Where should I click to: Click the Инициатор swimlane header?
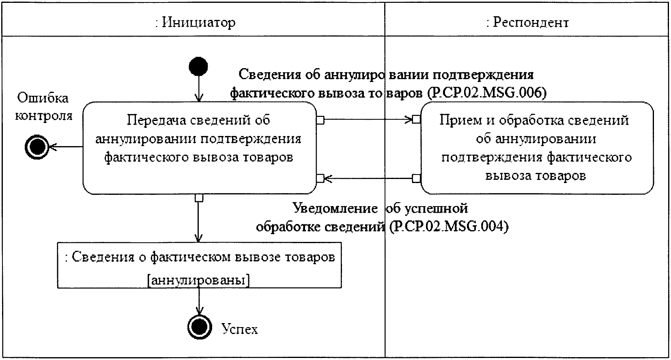click(x=195, y=22)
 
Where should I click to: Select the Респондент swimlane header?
click(x=527, y=22)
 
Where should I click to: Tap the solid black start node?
click(x=198, y=66)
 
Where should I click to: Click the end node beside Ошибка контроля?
click(x=37, y=147)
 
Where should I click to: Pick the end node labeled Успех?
click(x=200, y=327)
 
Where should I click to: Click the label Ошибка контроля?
click(x=43, y=107)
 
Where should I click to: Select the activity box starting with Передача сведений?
click(x=200, y=148)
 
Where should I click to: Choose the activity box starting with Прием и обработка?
click(x=537, y=148)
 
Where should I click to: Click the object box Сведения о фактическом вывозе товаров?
click(x=200, y=265)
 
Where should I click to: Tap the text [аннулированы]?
click(x=199, y=280)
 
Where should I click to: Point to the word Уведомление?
click(x=335, y=208)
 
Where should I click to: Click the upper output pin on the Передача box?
click(x=320, y=120)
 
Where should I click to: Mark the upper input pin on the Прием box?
click(x=417, y=119)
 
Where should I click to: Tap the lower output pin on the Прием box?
click(x=417, y=178)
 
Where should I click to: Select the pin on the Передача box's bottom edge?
click(x=199, y=198)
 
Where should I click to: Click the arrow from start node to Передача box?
click(x=199, y=89)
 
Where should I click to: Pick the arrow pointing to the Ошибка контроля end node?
click(x=66, y=147)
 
